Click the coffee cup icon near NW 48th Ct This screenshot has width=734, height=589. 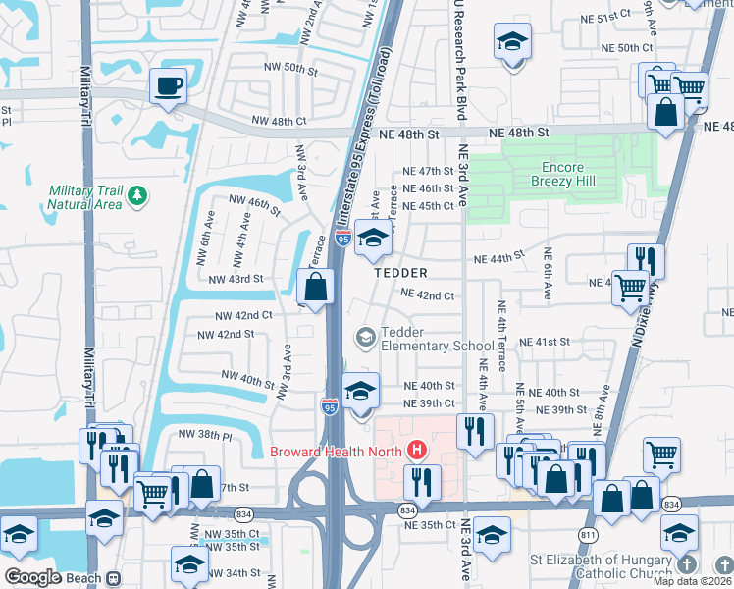pyautogui.click(x=168, y=85)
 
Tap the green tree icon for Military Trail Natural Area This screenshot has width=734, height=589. pyautogui.click(x=138, y=193)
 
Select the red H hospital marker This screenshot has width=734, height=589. pyautogui.click(x=418, y=451)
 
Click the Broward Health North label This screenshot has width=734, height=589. pyautogui.click(x=337, y=452)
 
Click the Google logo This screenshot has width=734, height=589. pyautogui.click(x=32, y=577)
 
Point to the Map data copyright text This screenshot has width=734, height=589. pyautogui.click(x=691, y=581)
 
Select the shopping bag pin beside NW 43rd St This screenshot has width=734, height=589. pyautogui.click(x=315, y=289)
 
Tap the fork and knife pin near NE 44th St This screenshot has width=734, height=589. pyautogui.click(x=645, y=260)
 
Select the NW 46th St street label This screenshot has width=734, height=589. pyautogui.click(x=254, y=205)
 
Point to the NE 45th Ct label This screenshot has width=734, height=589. pyautogui.click(x=429, y=206)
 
